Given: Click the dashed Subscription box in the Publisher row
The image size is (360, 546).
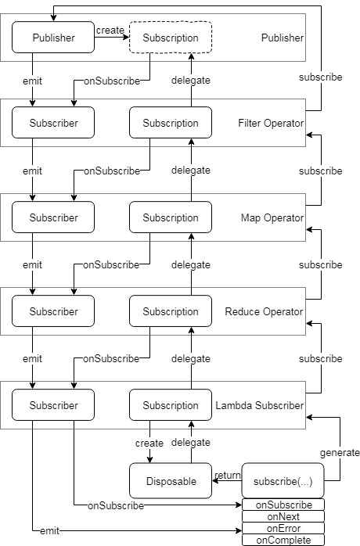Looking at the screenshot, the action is [171, 38].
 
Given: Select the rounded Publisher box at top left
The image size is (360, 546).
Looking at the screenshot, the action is [53, 38].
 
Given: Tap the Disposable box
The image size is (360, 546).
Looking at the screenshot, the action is [171, 481].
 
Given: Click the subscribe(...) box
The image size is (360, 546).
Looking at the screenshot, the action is [283, 481].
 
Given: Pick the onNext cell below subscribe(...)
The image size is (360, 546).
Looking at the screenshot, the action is [283, 516].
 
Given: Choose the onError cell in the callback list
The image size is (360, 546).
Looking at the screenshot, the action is [283, 528].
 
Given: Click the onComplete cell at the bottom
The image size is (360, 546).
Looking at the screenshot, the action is [283, 540].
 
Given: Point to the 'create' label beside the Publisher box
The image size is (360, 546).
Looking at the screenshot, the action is [110, 31].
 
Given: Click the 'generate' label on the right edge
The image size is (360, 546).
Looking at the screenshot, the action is [340, 452].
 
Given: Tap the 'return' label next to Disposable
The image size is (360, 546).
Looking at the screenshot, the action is [227, 475].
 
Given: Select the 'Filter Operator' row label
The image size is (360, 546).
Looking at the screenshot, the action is [271, 123].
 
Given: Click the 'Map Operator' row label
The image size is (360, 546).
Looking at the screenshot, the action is [272, 217].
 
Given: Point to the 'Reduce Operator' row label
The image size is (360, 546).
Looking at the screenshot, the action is [264, 311].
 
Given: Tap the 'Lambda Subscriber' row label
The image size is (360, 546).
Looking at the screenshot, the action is [260, 405].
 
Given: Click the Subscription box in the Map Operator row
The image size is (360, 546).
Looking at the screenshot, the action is [171, 217].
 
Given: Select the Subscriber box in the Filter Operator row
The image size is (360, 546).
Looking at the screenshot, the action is [53, 123].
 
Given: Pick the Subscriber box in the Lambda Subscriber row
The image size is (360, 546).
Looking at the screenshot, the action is [53, 405].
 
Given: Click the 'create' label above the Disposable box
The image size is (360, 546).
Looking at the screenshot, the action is [149, 443].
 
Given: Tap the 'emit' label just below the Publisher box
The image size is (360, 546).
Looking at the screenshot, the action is [32, 81].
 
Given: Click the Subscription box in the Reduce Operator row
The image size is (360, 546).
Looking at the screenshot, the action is [171, 311].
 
